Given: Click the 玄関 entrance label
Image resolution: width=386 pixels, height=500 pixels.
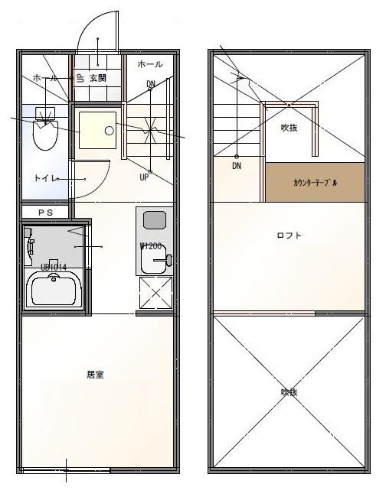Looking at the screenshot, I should click(97, 78).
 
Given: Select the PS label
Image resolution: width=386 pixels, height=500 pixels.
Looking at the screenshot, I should click(45, 212).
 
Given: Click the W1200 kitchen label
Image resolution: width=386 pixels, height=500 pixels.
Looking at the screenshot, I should click(150, 246).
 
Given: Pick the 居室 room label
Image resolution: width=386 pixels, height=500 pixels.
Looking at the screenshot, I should click(96, 375).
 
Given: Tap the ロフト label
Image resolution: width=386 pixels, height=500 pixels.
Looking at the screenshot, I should click(289, 235).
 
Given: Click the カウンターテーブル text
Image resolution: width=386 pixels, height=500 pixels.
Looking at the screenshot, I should click(315, 183).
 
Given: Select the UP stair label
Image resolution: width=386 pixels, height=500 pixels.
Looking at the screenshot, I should click(144, 177).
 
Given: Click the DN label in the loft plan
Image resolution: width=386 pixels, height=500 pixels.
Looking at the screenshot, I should click(237, 165).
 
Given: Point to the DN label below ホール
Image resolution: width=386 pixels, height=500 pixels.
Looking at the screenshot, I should click(151, 83).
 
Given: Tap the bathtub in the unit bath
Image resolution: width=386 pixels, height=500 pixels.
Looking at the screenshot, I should click(54, 290).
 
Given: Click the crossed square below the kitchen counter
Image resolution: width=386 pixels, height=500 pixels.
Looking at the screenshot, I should click(156, 293).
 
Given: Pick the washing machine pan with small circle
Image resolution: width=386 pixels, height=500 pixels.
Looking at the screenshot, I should click(97, 131).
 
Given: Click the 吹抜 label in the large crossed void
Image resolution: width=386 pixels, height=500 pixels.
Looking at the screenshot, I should click(288, 391).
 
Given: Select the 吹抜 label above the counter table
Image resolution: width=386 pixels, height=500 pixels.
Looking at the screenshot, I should click(289, 127).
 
